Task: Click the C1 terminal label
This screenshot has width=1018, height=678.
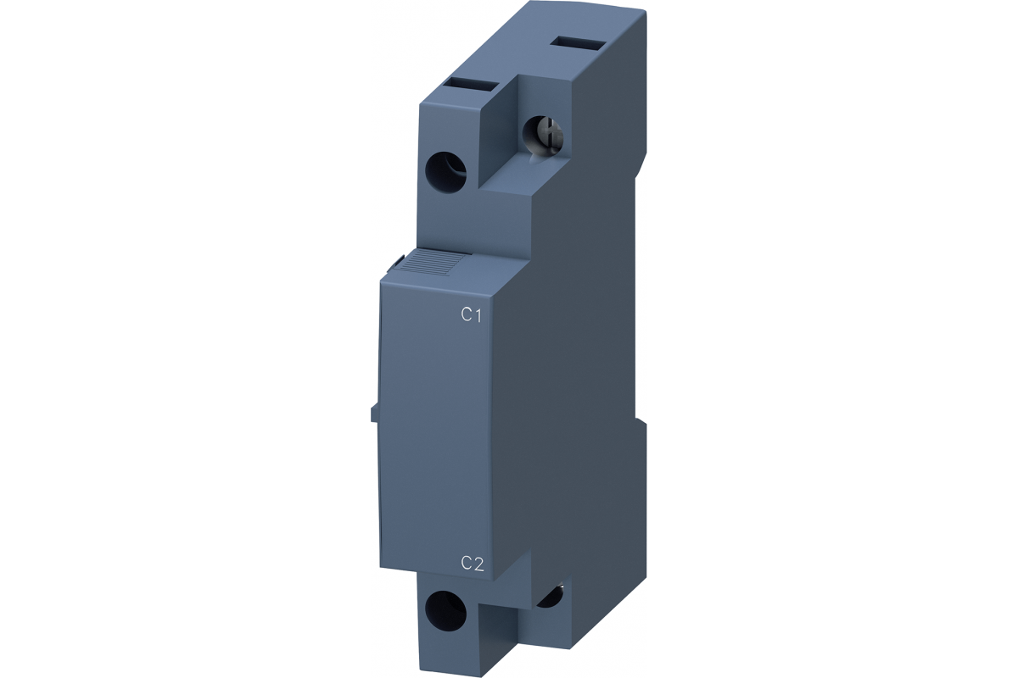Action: [x=471, y=314]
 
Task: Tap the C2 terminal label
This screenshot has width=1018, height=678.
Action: [x=472, y=564]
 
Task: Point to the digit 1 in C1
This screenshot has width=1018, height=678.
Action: [x=477, y=314]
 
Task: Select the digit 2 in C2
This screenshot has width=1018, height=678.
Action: [x=478, y=564]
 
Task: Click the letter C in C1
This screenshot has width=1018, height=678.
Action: [x=466, y=314]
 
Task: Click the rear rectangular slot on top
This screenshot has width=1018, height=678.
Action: [x=578, y=45]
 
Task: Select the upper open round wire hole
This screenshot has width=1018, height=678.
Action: [x=446, y=169]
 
